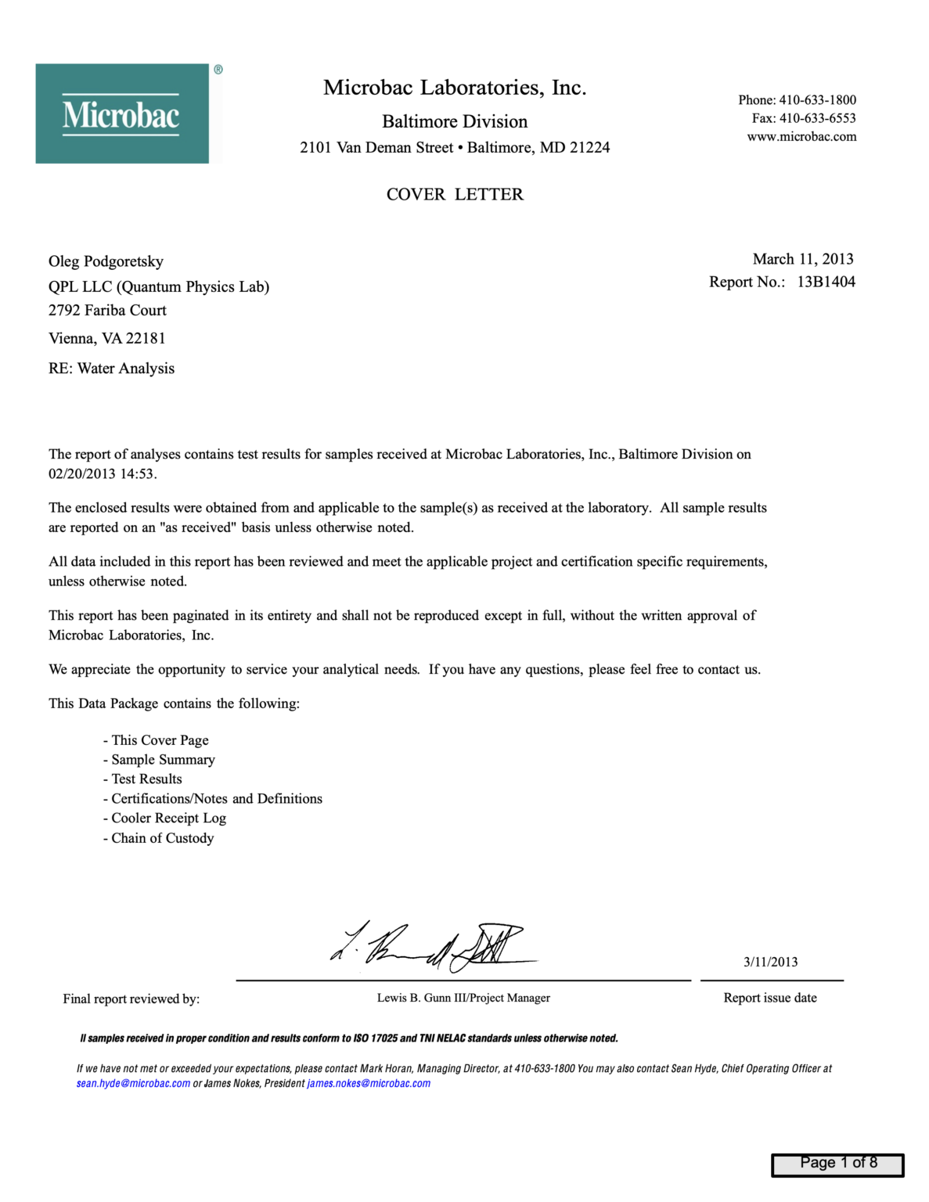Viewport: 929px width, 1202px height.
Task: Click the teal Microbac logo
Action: [122, 113]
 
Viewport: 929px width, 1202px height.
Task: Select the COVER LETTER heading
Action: [455, 194]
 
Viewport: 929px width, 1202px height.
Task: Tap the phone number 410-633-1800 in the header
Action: [817, 100]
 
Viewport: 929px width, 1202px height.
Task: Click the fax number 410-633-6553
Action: [817, 118]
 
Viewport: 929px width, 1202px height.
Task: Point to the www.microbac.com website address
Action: [801, 137]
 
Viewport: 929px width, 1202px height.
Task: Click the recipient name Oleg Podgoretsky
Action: [106, 261]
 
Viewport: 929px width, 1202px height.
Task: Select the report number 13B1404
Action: [826, 282]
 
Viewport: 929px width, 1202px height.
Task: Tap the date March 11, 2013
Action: [802, 259]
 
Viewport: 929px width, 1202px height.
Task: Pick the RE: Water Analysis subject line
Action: [111, 369]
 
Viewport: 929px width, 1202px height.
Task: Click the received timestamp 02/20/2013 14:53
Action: [102, 474]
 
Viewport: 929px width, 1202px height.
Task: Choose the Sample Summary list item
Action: [163, 760]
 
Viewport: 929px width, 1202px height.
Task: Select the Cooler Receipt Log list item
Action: [168, 819]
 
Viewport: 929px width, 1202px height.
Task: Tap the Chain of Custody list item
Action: [162, 838]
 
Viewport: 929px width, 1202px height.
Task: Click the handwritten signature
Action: [430, 946]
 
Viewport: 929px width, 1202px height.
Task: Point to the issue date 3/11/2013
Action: [770, 963]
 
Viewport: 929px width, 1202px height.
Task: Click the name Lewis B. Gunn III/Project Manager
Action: [463, 998]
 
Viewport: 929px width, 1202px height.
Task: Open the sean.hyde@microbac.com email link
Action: [133, 1084]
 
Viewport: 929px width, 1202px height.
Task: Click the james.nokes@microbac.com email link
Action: [369, 1084]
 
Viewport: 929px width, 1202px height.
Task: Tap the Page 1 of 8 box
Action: [837, 1164]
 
